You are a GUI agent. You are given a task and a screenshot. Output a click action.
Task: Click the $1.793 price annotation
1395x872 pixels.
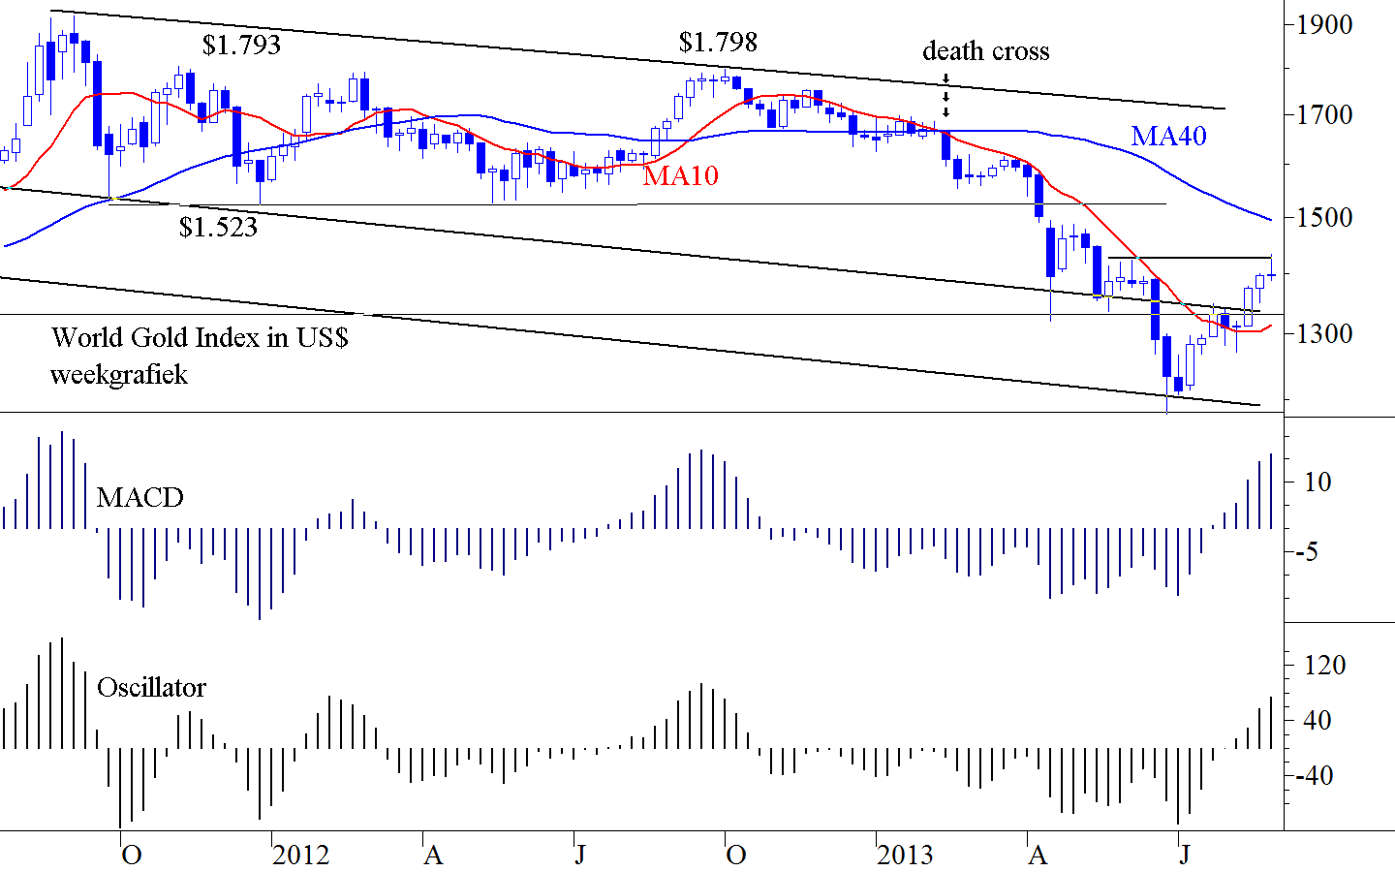241,45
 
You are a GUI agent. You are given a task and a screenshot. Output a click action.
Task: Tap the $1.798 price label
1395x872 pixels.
718,42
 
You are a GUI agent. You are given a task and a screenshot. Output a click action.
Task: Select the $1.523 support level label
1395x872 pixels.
218,227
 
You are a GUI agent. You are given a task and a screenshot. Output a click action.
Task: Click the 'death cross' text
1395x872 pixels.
985,50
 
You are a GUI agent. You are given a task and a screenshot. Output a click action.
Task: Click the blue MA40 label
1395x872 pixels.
1168,136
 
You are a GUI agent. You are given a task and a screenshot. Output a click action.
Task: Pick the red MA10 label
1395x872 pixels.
681,174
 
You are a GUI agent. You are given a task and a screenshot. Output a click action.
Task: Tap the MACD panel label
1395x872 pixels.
139,497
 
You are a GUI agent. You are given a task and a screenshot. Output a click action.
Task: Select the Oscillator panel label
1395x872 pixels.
151,687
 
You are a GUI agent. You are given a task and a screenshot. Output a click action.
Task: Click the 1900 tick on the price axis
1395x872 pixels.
1324,24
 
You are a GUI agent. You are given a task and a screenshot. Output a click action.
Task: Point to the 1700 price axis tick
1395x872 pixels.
1324,114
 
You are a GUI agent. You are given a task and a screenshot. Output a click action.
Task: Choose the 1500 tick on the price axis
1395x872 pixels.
1324,217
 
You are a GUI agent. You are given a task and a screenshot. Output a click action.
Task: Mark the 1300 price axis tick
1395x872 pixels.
1324,333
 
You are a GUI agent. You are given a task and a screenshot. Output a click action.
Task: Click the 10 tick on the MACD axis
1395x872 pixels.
1317,482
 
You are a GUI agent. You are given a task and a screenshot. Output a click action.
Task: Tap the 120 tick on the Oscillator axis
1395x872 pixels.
1324,665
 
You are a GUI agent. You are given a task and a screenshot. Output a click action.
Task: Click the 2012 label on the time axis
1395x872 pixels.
300,855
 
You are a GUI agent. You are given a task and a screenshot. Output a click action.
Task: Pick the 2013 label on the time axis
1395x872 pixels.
905,855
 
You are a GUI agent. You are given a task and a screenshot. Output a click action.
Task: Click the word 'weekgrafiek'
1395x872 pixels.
119,375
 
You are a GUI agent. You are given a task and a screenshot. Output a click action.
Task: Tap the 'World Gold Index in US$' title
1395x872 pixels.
200,337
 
